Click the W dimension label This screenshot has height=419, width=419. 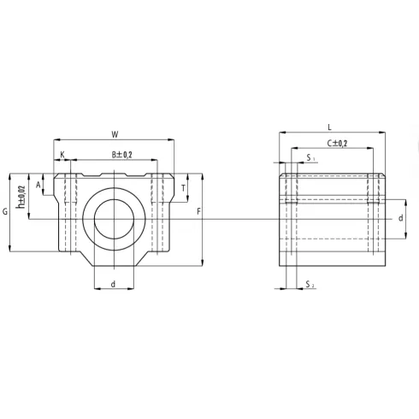(x=114, y=133)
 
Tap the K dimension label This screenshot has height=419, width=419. (x=62, y=155)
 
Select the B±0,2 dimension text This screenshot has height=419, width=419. (x=121, y=155)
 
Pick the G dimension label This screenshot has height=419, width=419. (x=5, y=211)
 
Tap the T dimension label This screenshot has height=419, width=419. (x=184, y=188)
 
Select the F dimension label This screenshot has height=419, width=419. (x=198, y=211)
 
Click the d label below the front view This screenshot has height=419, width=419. (x=113, y=284)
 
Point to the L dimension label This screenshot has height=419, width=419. (x=329, y=127)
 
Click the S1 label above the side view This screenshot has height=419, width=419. (x=310, y=159)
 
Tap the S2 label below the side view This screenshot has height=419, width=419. (x=310, y=284)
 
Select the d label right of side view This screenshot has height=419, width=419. (x=400, y=218)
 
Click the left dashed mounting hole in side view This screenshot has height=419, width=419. (x=291, y=214)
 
